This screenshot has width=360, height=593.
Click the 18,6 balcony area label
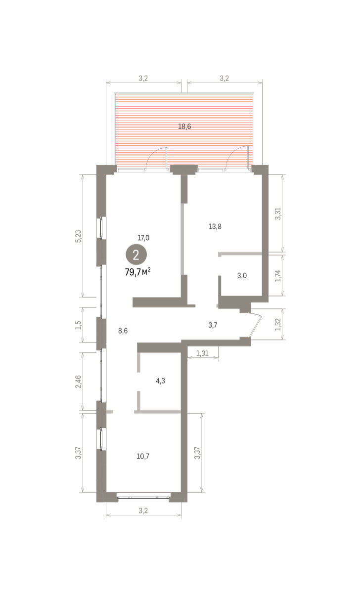(184, 127)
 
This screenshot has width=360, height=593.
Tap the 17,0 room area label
(143, 238)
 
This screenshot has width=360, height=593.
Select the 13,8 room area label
(215, 227)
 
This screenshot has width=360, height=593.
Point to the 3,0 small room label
(242, 276)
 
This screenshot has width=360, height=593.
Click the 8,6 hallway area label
(123, 331)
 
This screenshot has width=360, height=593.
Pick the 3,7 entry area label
(213, 325)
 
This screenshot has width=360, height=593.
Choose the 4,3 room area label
(160, 381)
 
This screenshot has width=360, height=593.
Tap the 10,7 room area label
(143, 457)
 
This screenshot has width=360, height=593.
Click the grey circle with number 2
(136, 254)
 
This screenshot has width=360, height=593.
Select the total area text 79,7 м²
(138, 272)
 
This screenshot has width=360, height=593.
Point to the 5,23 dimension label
(79, 236)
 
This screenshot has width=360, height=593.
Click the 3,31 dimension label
(277, 213)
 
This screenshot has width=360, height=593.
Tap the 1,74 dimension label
(277, 276)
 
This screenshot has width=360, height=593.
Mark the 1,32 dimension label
(277, 325)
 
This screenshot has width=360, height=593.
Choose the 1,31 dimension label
(202, 353)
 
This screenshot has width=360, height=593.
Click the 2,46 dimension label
(79, 381)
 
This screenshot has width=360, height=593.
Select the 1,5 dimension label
(79, 325)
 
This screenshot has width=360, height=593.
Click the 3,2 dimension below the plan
(143, 510)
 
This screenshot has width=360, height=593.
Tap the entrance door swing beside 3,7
(256, 325)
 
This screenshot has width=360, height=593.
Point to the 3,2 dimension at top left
(143, 79)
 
